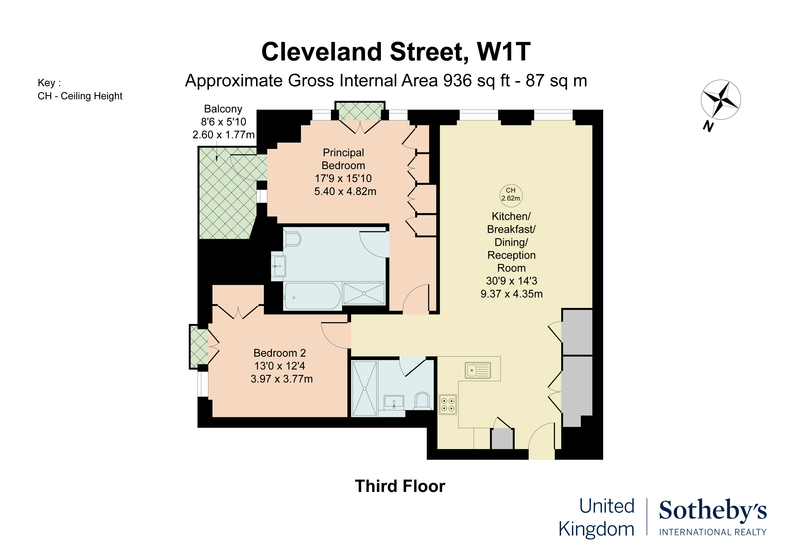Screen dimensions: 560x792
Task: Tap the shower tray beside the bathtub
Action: [364, 294]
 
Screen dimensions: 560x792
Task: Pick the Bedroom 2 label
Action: [280, 353]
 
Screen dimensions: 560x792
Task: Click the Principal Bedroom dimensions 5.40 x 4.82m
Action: [345, 191]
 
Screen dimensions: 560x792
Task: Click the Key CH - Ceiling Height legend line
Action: [80, 96]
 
